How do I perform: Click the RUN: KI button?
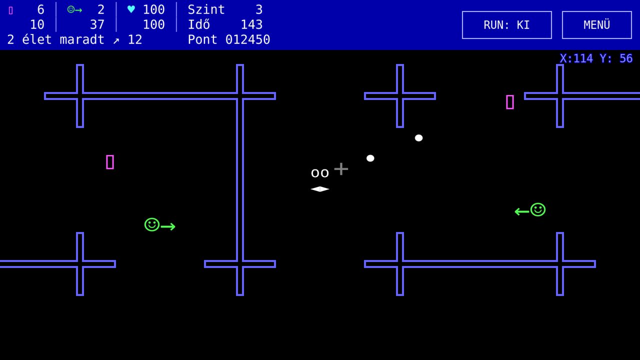(506, 25)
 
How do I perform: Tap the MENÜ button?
(596, 25)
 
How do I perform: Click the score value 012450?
(247, 39)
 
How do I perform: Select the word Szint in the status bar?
(206, 9)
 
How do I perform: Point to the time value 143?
(251, 24)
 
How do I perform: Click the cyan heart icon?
(131, 9)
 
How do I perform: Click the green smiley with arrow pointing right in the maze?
(159, 225)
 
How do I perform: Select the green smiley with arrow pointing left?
(530, 210)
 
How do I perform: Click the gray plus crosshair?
(341, 169)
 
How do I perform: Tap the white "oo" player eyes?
(319, 173)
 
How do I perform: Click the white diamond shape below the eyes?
(319, 189)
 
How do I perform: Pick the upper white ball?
(418, 138)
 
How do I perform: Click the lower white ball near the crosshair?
(370, 158)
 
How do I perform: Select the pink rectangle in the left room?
(110, 162)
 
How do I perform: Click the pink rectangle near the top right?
(510, 102)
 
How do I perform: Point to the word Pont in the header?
(202, 39)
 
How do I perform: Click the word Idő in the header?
(199, 24)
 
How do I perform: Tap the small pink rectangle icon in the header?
(11, 10)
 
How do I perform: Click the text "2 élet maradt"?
(55, 39)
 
